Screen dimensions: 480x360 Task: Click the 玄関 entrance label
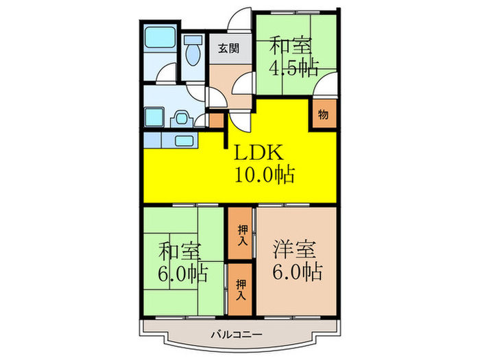coord(228,49)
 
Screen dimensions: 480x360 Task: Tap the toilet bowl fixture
coord(193,54)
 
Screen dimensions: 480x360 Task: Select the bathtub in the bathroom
coord(160,37)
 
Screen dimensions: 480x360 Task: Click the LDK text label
coord(259,152)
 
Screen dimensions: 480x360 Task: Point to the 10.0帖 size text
coord(265,174)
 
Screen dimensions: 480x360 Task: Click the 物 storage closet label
coord(324,115)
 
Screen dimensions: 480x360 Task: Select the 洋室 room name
coord(294,250)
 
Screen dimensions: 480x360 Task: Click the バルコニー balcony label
coord(237,335)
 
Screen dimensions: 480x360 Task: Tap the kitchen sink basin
coord(184,141)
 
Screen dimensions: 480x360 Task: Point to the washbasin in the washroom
coord(182,118)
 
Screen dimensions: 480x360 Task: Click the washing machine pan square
coord(154,117)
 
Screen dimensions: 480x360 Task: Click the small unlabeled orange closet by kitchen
coord(216,120)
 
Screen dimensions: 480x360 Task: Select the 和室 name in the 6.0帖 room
coord(180,252)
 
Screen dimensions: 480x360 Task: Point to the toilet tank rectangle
coord(193,40)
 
